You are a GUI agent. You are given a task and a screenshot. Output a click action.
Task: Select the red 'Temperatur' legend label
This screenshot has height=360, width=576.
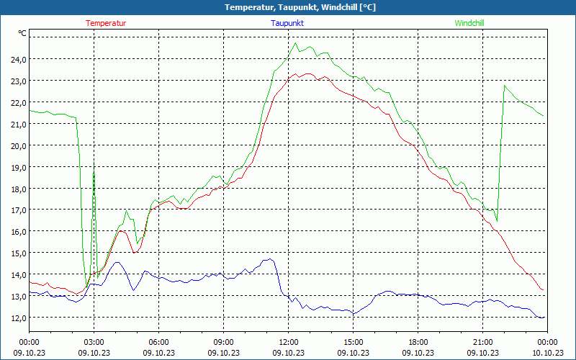click(106, 23)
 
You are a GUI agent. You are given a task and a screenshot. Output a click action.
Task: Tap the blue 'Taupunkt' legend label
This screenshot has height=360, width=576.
click(287, 23)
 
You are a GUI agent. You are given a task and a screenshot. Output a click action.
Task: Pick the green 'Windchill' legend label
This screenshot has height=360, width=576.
click(469, 23)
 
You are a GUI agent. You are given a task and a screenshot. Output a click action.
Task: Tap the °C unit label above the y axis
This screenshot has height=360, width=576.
click(22, 33)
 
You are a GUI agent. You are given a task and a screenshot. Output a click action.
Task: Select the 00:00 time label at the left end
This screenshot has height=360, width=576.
click(29, 342)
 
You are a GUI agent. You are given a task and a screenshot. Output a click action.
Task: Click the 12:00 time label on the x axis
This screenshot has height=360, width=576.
click(288, 342)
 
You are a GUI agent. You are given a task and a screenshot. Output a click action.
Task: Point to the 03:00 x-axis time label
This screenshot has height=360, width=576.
click(94, 342)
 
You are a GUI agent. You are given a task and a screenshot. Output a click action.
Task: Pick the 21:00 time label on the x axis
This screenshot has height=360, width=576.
click(482, 342)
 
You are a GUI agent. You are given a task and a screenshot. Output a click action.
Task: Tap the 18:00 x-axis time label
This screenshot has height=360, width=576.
click(418, 342)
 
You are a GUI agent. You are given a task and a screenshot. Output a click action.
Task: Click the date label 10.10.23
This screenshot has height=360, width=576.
click(547, 352)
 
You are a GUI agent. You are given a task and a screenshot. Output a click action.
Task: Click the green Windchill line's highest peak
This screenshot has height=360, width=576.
click(296, 43)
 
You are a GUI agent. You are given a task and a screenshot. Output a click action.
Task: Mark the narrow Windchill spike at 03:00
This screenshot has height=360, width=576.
click(94, 164)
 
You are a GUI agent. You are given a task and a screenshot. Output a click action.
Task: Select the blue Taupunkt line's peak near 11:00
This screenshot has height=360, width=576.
click(270, 259)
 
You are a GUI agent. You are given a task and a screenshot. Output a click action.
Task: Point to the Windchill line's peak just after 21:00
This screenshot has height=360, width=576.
click(505, 86)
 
